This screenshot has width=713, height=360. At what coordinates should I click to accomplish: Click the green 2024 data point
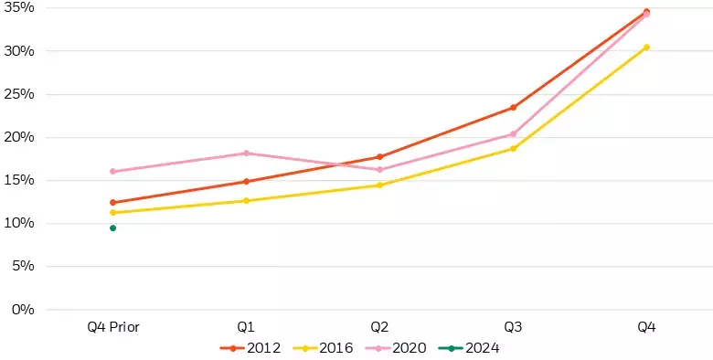112,228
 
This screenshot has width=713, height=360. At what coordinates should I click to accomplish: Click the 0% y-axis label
23,310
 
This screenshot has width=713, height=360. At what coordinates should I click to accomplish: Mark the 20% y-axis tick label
19,137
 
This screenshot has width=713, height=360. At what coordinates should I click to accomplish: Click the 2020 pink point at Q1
246,153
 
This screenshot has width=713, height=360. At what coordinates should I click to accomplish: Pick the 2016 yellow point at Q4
646,47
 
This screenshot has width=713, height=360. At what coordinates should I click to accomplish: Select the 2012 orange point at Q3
513,107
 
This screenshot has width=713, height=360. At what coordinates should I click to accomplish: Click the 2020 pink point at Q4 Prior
112,171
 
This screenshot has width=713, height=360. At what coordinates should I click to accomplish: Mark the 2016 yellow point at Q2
379,185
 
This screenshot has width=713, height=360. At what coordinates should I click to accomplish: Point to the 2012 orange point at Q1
246,181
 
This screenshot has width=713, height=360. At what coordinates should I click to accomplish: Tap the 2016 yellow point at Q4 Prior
112,212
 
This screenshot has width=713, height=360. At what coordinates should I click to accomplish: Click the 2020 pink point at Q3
513,134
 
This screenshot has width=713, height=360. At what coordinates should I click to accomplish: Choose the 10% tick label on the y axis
19,223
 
